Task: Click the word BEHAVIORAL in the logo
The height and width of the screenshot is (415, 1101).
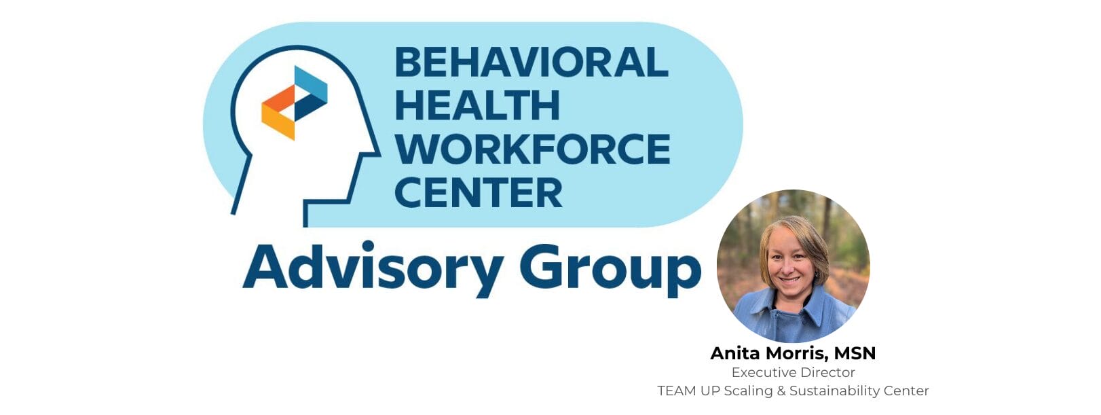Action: (531, 62)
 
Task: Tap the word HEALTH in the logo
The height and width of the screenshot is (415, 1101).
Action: (477, 106)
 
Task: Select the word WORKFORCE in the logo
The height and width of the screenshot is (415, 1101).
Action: (533, 149)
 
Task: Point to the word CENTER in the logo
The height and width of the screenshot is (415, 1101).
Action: (479, 193)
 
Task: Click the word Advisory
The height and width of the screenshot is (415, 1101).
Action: (373, 268)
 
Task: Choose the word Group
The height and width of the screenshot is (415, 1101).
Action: (610, 269)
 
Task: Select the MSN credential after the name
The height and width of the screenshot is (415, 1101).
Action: (855, 353)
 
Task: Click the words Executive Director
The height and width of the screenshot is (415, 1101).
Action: (793, 372)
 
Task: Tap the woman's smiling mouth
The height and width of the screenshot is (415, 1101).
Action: (790, 278)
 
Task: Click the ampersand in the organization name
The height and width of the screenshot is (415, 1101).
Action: (780, 391)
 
